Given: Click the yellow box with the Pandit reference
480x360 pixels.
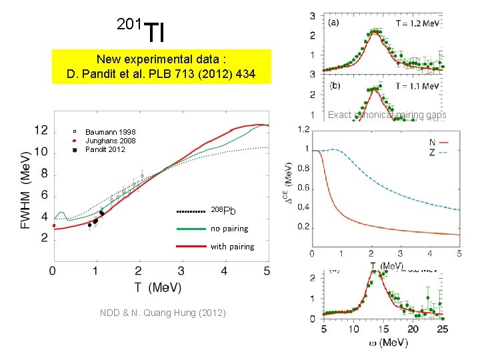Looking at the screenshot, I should (162, 65).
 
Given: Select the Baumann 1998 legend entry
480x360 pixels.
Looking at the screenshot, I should (110, 133).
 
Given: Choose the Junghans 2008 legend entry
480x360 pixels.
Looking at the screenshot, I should (110, 141).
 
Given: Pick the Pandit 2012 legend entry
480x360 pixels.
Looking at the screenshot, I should (106, 149).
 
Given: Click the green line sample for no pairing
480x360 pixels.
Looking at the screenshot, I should (191, 229).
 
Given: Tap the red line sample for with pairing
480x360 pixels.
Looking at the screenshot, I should (191, 247).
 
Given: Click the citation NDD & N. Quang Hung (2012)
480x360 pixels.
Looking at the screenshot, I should (163, 313).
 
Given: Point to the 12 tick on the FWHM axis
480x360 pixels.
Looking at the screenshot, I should (41, 130).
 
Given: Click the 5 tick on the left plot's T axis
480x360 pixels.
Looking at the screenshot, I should (267, 271).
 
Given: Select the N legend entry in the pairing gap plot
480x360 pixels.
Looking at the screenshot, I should (433, 141).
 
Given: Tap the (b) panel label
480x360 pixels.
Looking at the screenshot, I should (335, 86).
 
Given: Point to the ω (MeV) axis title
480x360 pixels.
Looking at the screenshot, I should (386, 342).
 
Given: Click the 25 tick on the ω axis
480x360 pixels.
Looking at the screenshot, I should (443, 329).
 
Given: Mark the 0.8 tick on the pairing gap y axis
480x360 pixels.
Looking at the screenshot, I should (305, 167).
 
